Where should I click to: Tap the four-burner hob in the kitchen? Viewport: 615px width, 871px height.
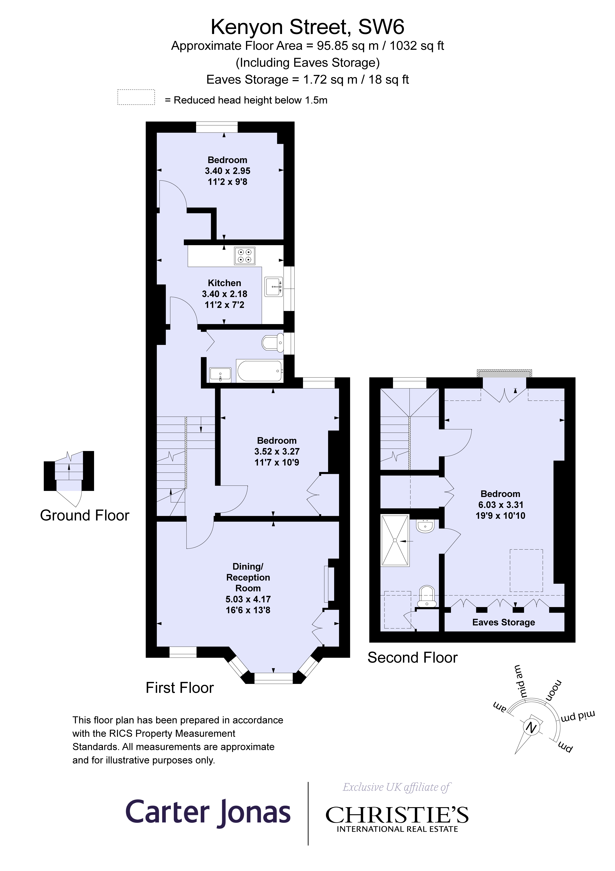click(x=245, y=256)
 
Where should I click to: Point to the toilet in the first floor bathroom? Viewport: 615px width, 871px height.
click(x=273, y=343)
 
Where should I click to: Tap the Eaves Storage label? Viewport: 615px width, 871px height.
click(x=503, y=622)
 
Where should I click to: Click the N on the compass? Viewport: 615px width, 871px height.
click(x=532, y=727)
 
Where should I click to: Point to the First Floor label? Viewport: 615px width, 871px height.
click(x=180, y=688)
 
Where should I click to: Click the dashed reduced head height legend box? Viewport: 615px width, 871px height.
click(x=136, y=97)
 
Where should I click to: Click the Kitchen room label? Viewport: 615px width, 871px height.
click(x=224, y=283)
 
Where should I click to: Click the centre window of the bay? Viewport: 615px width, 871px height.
click(x=273, y=678)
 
